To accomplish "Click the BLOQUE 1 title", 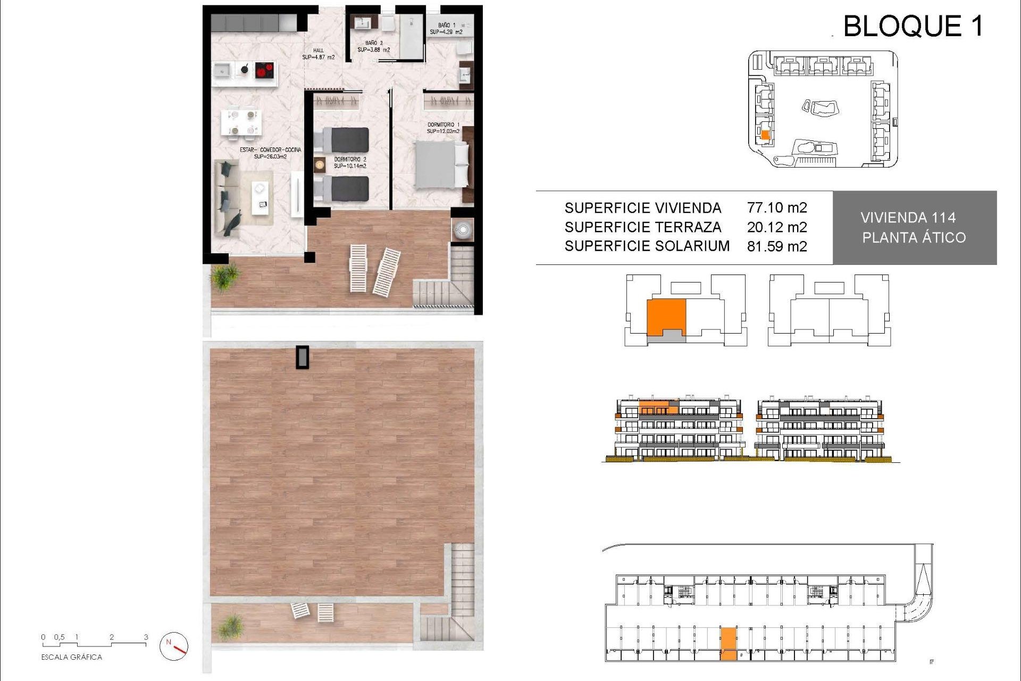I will [913, 26].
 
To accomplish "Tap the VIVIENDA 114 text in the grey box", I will [908, 218].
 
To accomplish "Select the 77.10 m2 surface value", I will [776, 207].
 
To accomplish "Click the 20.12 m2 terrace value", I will [776, 227].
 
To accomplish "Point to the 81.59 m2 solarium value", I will [776, 246].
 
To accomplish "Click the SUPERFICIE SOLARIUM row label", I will [647, 246].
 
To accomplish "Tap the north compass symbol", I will [174, 646].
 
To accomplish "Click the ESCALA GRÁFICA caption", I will [71, 657].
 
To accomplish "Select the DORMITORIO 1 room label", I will [443, 128].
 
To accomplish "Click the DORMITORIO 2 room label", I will [350, 162].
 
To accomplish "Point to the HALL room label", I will [318, 54].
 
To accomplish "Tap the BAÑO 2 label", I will [373, 46].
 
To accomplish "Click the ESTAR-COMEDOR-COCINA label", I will [270, 153].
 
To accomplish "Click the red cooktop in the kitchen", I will [264, 70].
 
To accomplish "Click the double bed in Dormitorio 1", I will [441, 164].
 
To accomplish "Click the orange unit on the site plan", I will [765, 135].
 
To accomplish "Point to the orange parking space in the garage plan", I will [729, 644].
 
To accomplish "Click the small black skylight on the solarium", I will [302, 357].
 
